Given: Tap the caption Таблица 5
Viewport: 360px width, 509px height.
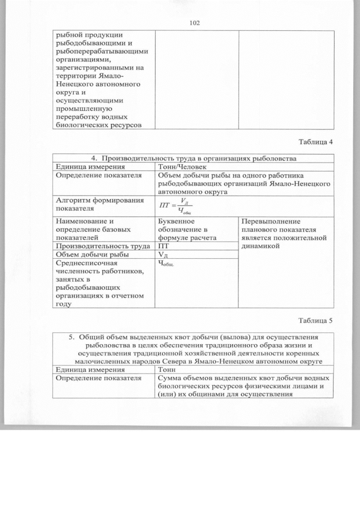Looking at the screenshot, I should pos(316,321).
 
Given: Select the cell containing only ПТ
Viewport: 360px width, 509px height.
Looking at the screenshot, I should pos(163,246).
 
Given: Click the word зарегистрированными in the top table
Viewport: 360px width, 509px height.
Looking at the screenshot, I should pos(89,67).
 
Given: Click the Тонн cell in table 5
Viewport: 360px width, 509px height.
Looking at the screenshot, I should pos(168,370).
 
